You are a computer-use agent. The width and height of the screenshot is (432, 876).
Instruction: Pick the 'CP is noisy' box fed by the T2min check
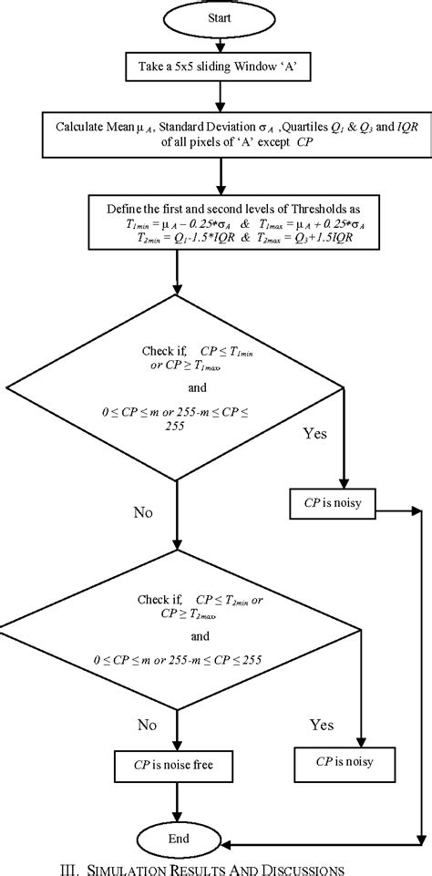tap(343, 757)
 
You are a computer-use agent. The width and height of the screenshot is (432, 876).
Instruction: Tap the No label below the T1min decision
tap(142, 512)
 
